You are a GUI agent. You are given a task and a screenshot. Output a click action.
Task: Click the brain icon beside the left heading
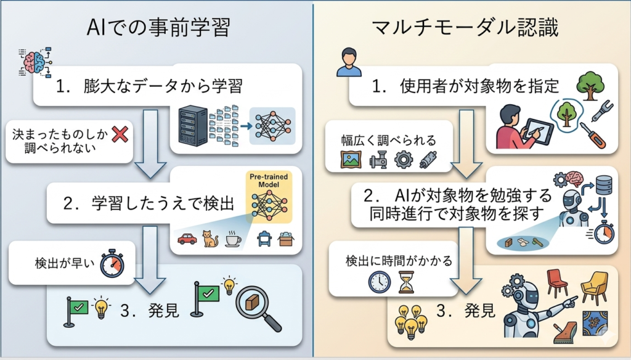(x=33, y=62)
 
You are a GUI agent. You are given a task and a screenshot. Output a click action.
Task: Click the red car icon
(x=187, y=239)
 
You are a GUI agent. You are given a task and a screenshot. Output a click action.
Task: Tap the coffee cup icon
(x=233, y=239)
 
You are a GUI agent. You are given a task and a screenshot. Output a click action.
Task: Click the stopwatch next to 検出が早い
(x=112, y=264)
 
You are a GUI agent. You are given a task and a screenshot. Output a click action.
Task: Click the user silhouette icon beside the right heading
(x=349, y=63)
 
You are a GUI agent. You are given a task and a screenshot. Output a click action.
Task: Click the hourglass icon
(x=407, y=282)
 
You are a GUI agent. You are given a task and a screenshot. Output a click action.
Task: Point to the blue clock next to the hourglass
(x=380, y=282)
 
